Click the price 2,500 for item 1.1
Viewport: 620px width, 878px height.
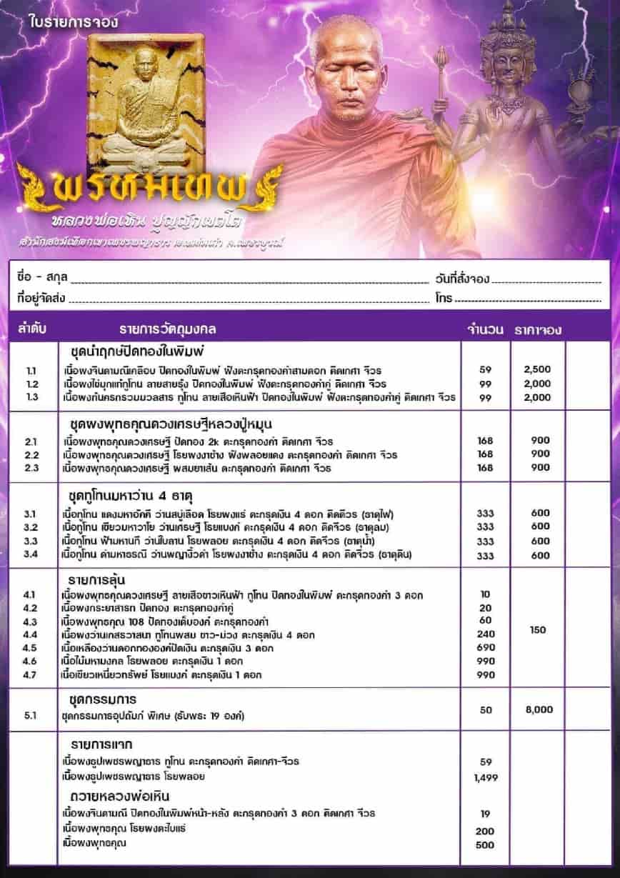point(537,371)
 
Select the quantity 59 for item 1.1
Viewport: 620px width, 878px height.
point(485,371)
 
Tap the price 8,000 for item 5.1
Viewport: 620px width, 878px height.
point(538,710)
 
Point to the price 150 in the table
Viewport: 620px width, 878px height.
point(538,630)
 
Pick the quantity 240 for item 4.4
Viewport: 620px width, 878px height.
point(485,634)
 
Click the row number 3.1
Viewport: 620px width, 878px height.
point(31,514)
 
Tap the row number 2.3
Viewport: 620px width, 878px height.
point(31,468)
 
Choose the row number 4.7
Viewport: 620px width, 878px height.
point(31,674)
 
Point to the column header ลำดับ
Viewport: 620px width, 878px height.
point(32,330)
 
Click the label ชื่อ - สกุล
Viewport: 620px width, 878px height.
point(41,278)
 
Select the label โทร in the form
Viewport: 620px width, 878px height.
point(443,298)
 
